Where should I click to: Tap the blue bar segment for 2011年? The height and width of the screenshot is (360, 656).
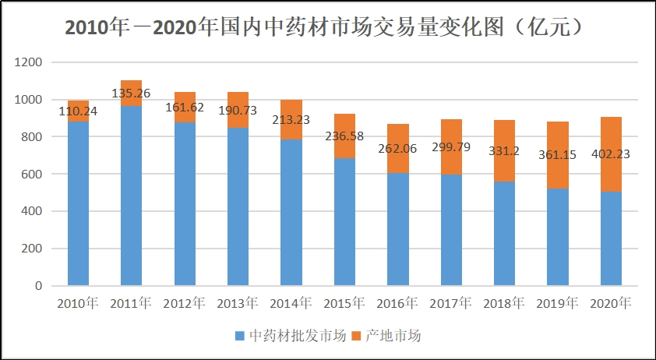tap(131, 195)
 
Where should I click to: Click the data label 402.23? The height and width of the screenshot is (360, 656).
tap(611, 154)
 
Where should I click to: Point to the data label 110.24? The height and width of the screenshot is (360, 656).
tap(78, 111)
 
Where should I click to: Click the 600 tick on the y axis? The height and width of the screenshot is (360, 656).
tap(32, 174)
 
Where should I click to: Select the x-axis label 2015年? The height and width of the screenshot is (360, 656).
tap(344, 302)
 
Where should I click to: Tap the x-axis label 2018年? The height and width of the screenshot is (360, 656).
tap(504, 302)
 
